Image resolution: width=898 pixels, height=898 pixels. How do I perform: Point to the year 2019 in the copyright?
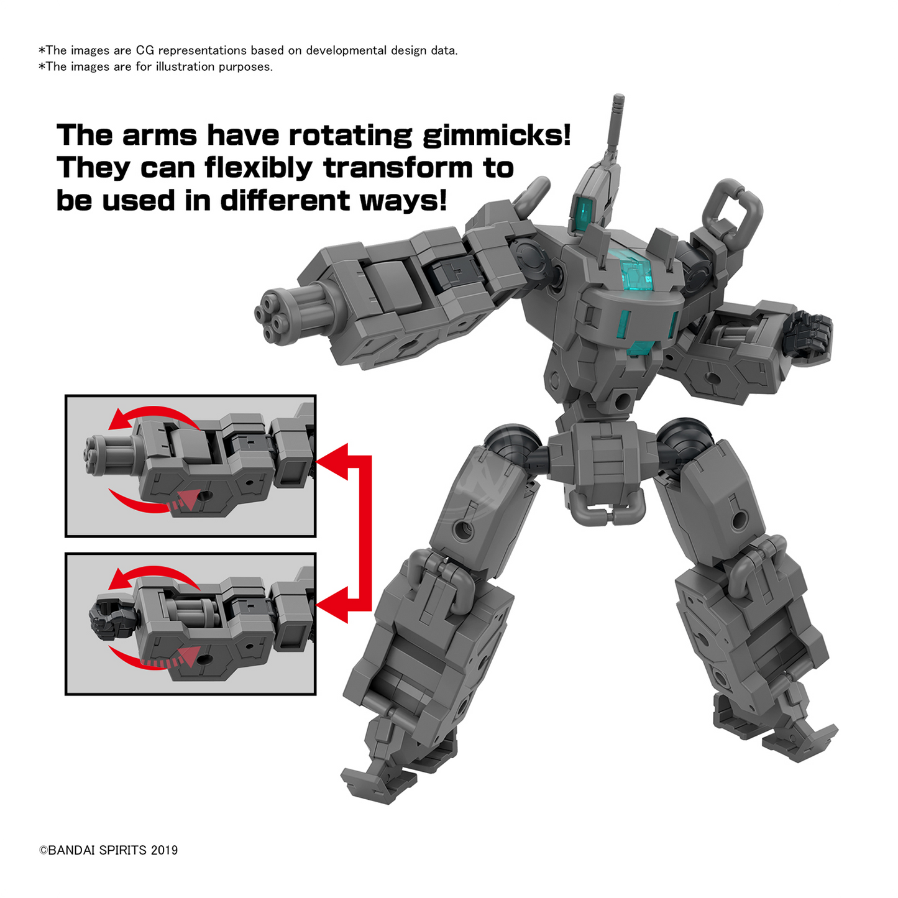pos(164,851)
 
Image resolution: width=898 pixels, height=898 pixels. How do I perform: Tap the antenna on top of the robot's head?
pos(614,128)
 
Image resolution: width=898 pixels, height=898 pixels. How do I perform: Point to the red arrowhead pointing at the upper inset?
pos(332,461)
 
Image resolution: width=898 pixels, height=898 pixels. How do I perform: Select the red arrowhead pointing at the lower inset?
pos(332,605)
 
